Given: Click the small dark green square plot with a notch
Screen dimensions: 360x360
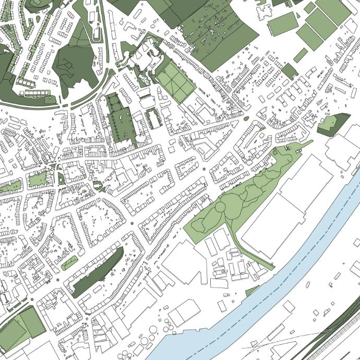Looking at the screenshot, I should click(289, 71).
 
